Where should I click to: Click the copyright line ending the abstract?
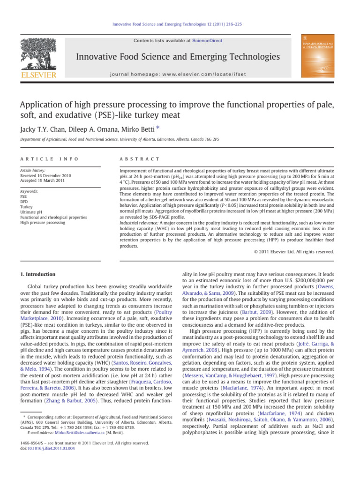pyautogui.click(x=295, y=252)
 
